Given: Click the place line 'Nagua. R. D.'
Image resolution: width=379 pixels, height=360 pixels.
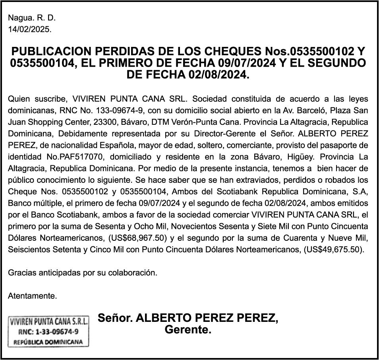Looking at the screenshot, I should point(32,18).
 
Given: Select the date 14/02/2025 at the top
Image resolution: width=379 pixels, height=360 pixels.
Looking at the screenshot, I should point(30,29).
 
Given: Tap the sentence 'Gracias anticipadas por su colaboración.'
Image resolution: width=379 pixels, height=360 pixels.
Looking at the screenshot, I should point(83,273).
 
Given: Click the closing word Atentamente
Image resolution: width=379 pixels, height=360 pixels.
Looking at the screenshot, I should point(33,296).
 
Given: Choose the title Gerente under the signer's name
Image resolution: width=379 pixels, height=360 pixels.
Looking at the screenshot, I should point(188,330).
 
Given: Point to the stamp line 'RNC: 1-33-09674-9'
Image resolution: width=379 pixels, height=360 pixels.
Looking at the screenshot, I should point(48,331).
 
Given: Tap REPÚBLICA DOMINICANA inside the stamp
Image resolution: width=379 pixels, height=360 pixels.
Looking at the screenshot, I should point(48,342).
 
